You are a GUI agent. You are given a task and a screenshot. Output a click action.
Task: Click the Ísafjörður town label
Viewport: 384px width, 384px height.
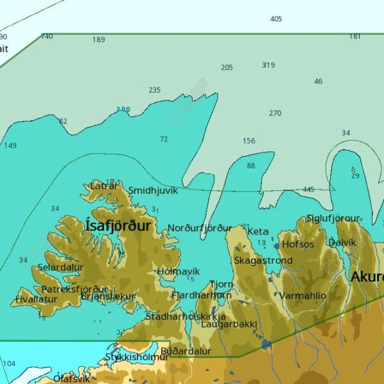click(118, 226)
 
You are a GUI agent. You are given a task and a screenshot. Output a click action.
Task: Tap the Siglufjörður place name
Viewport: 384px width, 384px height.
click(333, 218)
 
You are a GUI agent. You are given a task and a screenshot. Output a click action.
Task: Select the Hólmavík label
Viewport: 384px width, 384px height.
click(179, 271)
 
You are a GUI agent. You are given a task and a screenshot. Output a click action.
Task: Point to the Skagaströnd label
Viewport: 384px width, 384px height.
click(263, 260)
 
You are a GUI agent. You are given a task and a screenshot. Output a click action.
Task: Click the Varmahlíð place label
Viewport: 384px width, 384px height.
click(303, 296)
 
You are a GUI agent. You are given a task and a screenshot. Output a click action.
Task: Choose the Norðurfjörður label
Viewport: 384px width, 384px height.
click(200, 228)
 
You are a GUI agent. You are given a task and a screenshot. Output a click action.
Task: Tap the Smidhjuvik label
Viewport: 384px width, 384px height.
click(153, 191)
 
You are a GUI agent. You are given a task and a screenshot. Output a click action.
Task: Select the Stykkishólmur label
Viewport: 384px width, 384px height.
click(137, 356)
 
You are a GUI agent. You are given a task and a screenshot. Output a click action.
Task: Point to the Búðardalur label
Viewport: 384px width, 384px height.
click(186, 351)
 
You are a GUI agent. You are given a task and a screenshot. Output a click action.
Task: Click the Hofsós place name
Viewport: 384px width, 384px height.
click(298, 244)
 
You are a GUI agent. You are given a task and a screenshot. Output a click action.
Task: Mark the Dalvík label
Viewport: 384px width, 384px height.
click(342, 243)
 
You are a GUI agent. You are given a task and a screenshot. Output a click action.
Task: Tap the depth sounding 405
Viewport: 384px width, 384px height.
click(276, 19)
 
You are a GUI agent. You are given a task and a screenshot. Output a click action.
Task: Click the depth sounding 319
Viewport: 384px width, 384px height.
click(268, 65)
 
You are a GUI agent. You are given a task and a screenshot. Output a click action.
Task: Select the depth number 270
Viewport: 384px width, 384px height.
click(275, 113)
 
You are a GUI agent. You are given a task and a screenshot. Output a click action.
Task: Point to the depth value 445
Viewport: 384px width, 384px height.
click(308, 189)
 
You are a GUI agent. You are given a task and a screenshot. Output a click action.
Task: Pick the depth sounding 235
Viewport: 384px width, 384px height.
click(154, 90)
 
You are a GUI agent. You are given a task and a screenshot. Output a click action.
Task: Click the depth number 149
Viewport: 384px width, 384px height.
click(10, 146)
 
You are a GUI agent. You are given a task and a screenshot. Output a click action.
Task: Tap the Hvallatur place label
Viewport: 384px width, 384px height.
click(32, 299)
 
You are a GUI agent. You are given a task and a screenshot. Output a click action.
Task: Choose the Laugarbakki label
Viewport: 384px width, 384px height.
click(225, 324)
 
